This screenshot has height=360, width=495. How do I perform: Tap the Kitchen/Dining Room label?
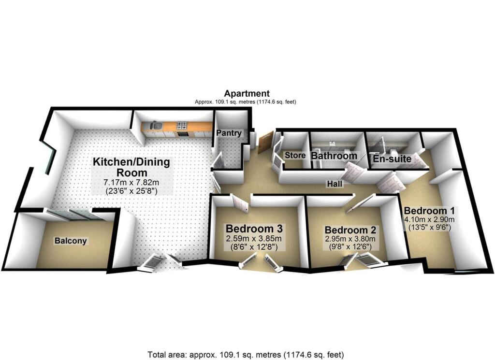(x=131, y=167)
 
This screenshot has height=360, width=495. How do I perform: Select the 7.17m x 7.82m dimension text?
(x=132, y=183)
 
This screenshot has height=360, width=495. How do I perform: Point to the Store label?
(x=295, y=156)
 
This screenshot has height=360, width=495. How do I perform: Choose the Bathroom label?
(x=334, y=156)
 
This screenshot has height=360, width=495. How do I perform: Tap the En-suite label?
(x=392, y=158)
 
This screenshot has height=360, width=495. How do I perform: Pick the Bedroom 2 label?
(x=350, y=230)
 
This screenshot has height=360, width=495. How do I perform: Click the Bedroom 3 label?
(x=254, y=228)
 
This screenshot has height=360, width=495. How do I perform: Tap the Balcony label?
(x=71, y=241)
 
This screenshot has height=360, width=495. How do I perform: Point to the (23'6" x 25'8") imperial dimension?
(x=132, y=191)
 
